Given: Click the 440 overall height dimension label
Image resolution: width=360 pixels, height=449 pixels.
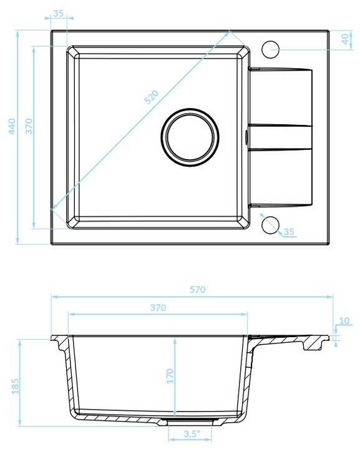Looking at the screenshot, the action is tap(12, 126).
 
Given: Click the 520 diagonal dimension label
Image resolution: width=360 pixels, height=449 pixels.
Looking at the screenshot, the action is tap(152, 97).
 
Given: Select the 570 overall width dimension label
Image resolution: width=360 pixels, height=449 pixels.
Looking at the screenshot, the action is tap(197, 290).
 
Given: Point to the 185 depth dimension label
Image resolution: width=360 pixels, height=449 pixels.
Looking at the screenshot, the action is tap(15, 386).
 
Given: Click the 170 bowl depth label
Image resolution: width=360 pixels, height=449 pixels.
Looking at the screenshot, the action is tap(170, 376).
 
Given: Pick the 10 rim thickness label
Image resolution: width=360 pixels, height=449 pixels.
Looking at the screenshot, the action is tap(344, 321).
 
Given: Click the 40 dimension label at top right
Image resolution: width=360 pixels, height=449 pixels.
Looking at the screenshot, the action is tap(346, 39).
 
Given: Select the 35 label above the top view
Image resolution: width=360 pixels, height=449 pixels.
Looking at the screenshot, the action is tap(59, 13).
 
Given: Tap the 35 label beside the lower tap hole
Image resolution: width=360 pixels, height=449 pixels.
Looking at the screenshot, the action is tap(289, 232).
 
